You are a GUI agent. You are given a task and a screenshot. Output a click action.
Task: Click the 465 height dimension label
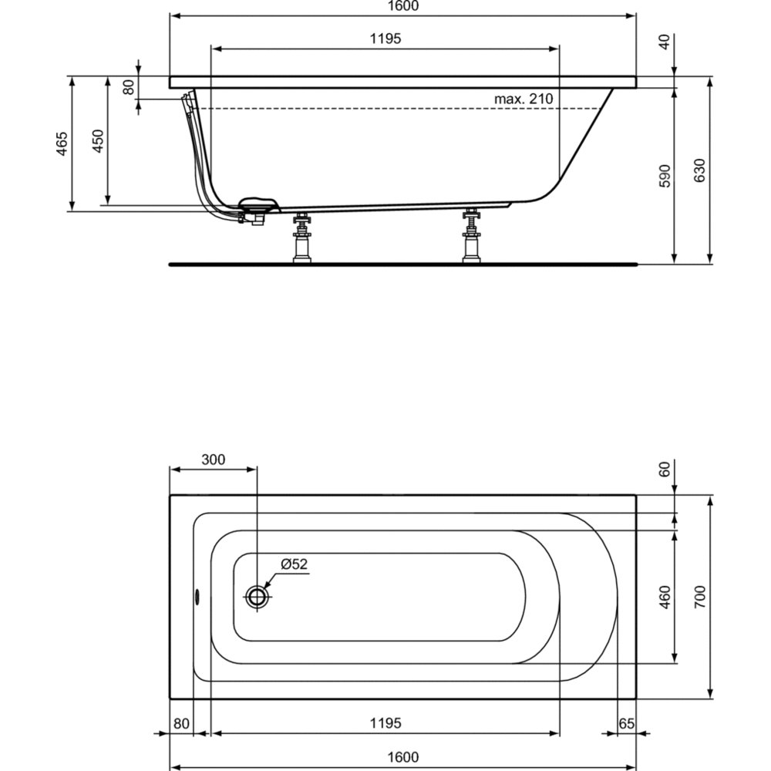62,143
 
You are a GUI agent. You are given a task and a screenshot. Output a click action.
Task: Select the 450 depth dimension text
99,141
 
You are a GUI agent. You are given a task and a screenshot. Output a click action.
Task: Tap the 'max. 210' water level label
524,99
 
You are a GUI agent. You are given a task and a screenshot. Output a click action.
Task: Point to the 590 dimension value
665,176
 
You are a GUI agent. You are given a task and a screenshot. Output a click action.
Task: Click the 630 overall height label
700,170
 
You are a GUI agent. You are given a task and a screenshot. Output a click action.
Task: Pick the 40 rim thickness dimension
665,42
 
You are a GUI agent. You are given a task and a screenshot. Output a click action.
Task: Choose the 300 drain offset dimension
214,460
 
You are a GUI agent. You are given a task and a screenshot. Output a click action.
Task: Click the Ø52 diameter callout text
294,564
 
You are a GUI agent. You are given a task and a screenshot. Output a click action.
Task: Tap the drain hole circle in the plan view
257,598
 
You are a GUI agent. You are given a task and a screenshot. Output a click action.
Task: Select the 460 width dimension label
665,598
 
